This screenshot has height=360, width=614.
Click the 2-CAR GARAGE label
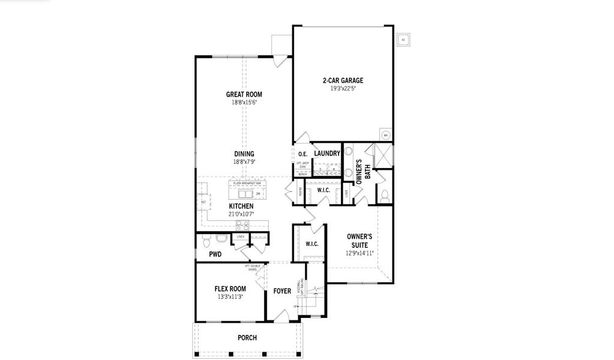click(x=343, y=80)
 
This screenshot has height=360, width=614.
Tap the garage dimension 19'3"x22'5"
click(x=343, y=88)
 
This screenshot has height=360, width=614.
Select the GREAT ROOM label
click(x=244, y=94)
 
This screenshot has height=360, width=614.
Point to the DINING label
click(x=244, y=154)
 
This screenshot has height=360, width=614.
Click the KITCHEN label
click(x=241, y=206)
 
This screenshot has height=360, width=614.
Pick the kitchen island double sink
click(x=245, y=194)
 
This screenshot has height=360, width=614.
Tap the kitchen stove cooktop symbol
click(x=242, y=225)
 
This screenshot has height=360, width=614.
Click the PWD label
click(x=215, y=254)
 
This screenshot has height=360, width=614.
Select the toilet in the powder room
click(x=205, y=241)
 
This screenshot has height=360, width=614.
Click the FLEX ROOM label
click(x=230, y=288)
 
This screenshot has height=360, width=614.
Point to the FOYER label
click(x=282, y=292)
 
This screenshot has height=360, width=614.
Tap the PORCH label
click(x=247, y=338)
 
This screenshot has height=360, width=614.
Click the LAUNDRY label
click(x=327, y=154)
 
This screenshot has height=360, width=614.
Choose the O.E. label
click(x=302, y=154)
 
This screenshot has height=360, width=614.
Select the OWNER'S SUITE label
click(x=360, y=241)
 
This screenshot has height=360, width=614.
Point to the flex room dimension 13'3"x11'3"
click(x=230, y=296)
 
